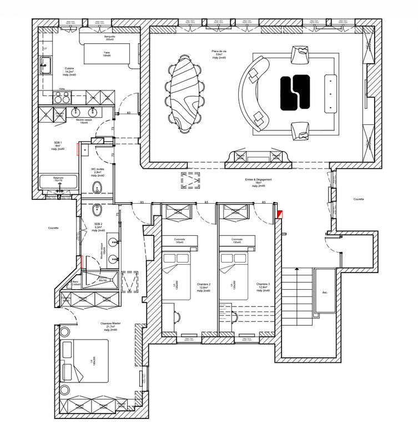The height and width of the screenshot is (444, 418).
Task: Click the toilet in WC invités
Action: pos(97,186)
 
